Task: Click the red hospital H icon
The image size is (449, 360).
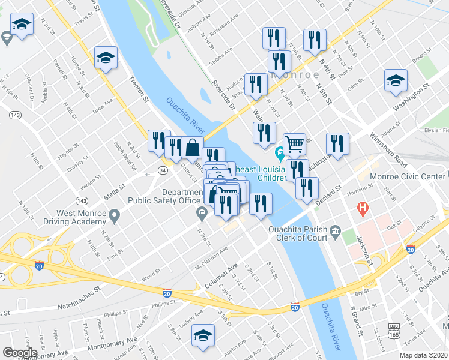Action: coord(362,209)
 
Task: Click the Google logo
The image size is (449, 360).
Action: coord(20,353)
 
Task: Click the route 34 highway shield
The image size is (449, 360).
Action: coord(163,170)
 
